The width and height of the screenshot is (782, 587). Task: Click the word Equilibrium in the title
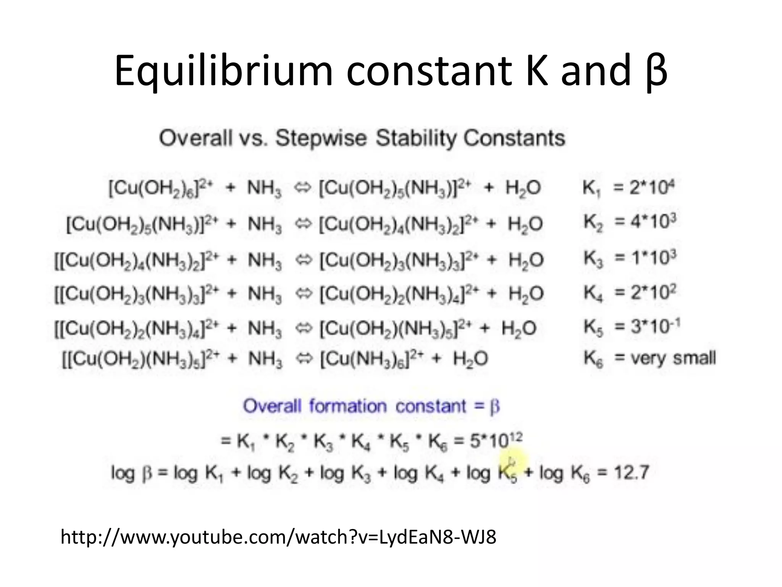tap(224, 71)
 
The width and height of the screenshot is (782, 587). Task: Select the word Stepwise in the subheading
tap(321, 138)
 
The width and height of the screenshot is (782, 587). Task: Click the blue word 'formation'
tap(347, 406)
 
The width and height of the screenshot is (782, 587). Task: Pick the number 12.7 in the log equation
tap(632, 473)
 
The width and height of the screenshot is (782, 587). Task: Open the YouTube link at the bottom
tap(278, 537)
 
